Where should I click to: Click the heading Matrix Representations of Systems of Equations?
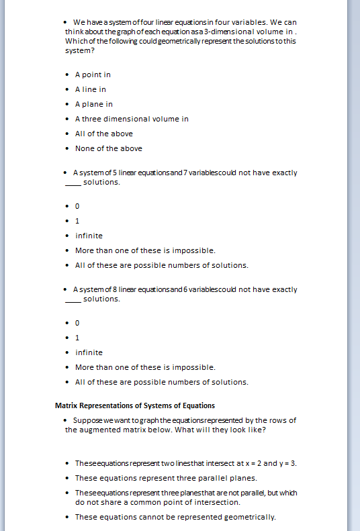pos(134,405)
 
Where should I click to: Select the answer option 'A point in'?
pos(93,75)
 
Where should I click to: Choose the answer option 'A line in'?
pos(90,89)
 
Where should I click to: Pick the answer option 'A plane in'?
pos(93,104)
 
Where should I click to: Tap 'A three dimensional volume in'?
pos(132,119)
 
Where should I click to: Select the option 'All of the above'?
pos(103,134)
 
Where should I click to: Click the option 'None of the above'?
pos(108,148)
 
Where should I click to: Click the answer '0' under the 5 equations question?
pos(77,206)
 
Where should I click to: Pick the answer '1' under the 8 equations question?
pos(77,338)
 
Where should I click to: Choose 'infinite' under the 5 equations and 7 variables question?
pos(89,236)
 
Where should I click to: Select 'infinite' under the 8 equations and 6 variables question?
pos(89,352)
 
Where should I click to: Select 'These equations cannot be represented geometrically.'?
pos(175,517)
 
